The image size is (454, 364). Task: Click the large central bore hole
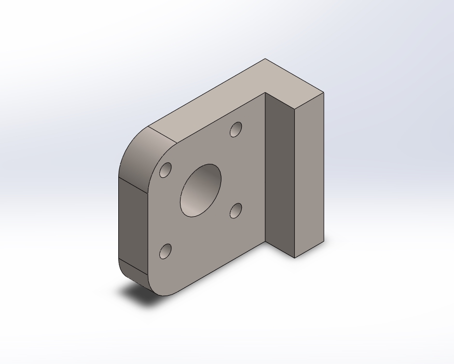pos(201,190)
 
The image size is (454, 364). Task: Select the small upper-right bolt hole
pos(236,129)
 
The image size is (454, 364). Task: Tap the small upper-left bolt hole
pos(166,170)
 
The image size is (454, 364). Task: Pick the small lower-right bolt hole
pos(236,211)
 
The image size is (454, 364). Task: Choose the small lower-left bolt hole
pos(166,251)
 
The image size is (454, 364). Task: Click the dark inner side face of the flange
pos(280,171)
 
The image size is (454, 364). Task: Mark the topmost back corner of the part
pos(265,59)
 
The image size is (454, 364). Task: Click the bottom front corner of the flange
pos(295,258)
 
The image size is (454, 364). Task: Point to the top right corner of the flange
pos(324,93)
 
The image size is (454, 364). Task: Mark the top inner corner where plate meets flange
pos(265,93)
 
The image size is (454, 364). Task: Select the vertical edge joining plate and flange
pos(265,166)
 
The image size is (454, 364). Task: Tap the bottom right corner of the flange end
pos(324,241)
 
